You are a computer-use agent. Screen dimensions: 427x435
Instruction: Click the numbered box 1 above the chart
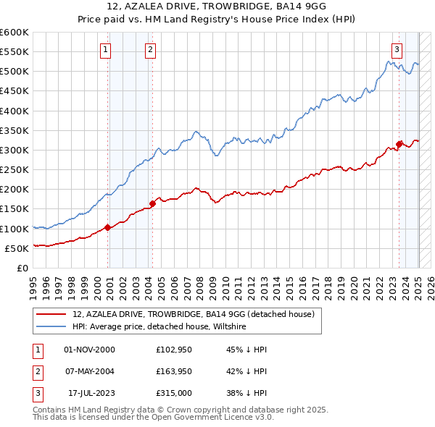coord(106,50)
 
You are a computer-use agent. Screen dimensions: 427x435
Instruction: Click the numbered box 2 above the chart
coord(149,50)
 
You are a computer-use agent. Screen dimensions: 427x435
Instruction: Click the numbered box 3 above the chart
coord(397,50)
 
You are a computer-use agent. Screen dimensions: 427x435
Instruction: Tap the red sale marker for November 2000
coord(107,227)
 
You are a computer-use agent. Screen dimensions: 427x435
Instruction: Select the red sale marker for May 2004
coord(152,203)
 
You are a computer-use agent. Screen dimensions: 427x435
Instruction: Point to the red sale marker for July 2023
coord(399,143)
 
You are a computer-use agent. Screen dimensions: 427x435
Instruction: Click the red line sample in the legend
coord(51,314)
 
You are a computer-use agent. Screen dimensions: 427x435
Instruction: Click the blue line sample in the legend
coord(51,327)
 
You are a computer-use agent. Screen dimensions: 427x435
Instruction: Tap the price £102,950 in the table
coord(172,349)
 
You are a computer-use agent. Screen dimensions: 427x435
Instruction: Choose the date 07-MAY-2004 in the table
coord(89,372)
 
